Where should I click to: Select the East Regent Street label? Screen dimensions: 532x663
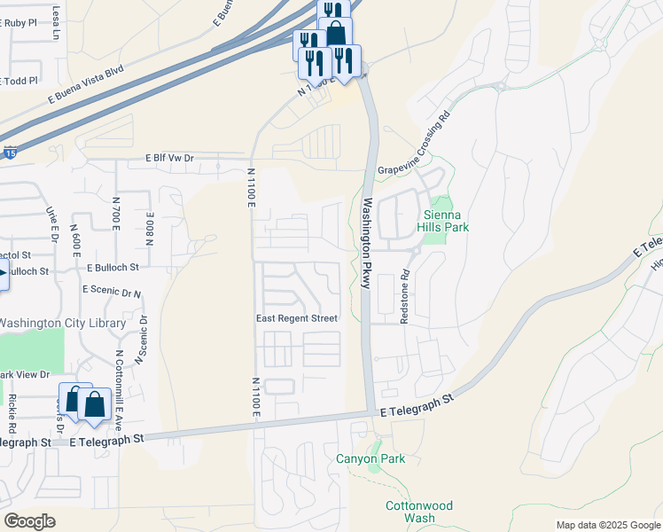[x=297, y=318]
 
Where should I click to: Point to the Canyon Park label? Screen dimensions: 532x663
[x=370, y=458]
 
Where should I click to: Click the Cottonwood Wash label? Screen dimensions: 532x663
[x=419, y=512]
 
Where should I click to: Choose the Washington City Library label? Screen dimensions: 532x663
[x=62, y=324]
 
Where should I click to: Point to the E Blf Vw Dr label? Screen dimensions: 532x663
[x=169, y=158]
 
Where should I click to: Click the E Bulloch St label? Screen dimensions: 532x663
[x=113, y=267]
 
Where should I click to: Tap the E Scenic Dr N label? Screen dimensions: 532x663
[x=112, y=290]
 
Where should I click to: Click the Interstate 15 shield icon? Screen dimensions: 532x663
[x=9, y=153]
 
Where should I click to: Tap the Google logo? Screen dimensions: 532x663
[x=29, y=521]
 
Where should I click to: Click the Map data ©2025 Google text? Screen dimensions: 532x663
[x=607, y=525]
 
